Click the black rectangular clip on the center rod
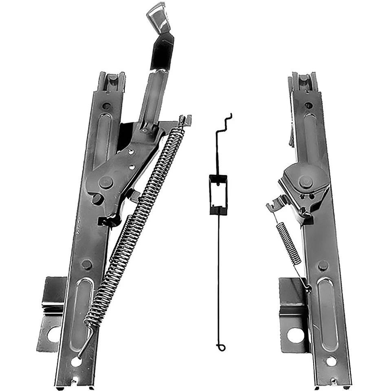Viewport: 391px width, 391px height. click(218, 194)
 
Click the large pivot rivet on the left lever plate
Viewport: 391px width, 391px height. click(106, 182)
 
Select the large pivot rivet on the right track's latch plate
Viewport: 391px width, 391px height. click(305, 181)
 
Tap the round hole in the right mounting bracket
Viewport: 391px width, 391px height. click(295, 335)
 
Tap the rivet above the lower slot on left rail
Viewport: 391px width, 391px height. click(86, 264)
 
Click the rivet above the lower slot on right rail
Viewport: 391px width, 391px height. click(323, 266)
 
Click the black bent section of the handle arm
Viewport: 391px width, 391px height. click(162, 51)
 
